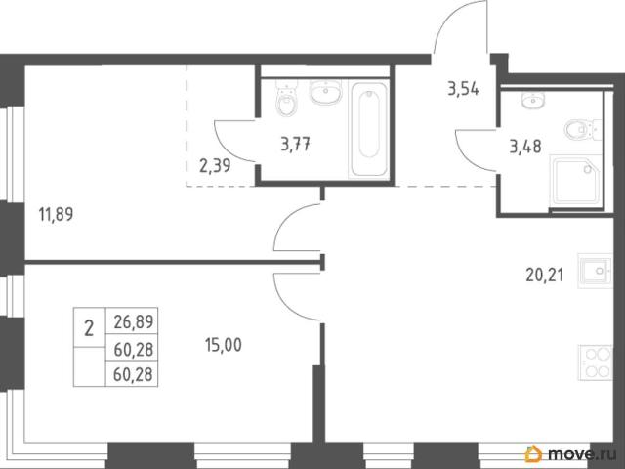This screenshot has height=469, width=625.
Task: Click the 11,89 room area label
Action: pyautogui.click(x=57, y=215)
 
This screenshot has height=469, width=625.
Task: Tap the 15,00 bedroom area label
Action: pyautogui.click(x=224, y=345)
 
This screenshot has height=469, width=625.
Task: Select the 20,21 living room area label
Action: pyautogui.click(x=545, y=276)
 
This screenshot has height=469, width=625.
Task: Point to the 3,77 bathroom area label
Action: pyautogui.click(x=296, y=144)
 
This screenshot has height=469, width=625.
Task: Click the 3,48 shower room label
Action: pyautogui.click(x=525, y=147)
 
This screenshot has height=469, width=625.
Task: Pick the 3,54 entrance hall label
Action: pyautogui.click(x=464, y=89)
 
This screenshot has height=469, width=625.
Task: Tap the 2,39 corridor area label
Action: pyautogui.click(x=215, y=165)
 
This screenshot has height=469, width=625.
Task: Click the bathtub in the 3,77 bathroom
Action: pyautogui.click(x=368, y=129)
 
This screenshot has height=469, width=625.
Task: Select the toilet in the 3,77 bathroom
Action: pyautogui.click(x=286, y=98)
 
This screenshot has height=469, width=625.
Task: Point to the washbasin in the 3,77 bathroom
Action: pyautogui.click(x=326, y=91)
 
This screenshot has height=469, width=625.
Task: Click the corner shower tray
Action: pyautogui.click(x=575, y=182)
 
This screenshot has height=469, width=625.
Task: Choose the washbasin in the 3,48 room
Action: pyautogui.click(x=533, y=100)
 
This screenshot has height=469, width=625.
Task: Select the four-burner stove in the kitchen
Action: pyautogui.click(x=595, y=362)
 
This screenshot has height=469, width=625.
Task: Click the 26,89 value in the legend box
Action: pyautogui.click(x=134, y=321)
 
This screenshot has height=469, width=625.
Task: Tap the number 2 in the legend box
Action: pyautogui.click(x=89, y=329)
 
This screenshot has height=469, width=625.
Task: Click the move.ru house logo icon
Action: pyautogui.click(x=533, y=453)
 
